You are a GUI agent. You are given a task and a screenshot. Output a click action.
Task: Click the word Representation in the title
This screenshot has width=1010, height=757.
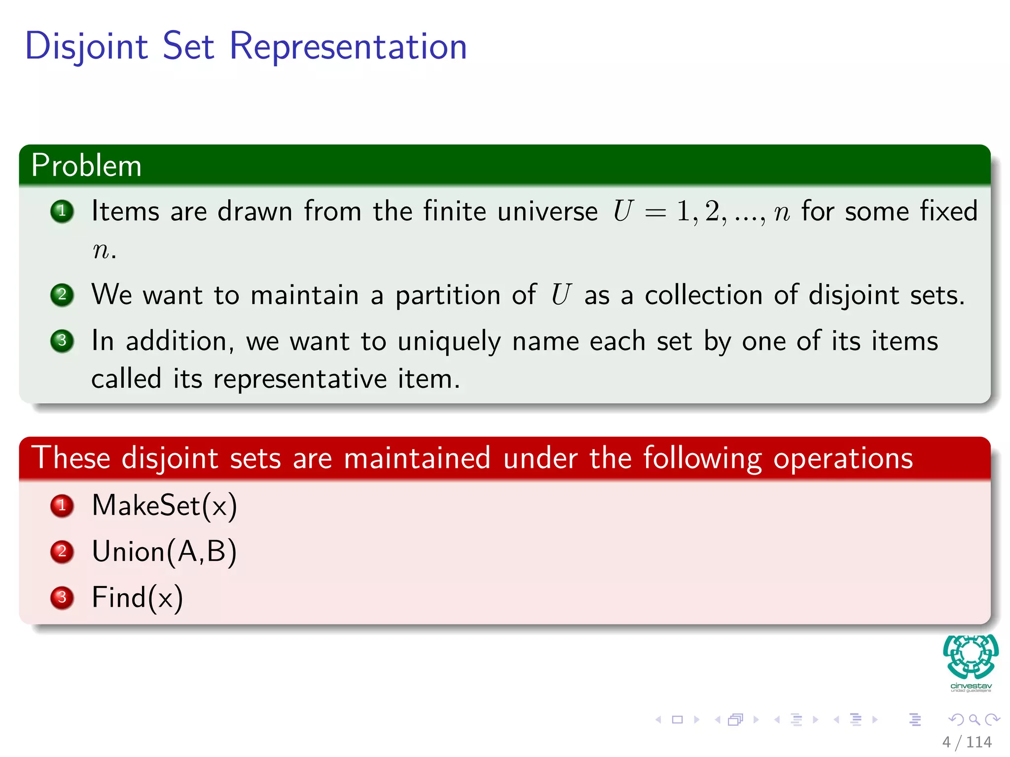pos(348,46)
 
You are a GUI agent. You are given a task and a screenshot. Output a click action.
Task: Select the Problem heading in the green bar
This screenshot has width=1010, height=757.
pos(86,165)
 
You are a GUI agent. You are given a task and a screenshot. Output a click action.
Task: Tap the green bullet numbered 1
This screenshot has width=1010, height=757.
pos(62,211)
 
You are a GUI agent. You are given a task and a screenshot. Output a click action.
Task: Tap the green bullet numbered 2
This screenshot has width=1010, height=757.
pos(62,295)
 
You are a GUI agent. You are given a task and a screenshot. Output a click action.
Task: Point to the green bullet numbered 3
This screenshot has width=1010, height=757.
pos(62,341)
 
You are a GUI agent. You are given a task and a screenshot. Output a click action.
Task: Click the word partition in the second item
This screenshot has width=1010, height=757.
pos(448,296)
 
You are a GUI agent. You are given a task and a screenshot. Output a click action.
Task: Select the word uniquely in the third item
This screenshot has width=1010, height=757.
pos(449,342)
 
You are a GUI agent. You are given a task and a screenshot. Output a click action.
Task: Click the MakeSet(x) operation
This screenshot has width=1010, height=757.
pos(164,506)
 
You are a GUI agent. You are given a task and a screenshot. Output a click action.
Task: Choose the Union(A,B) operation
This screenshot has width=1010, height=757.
pos(164,551)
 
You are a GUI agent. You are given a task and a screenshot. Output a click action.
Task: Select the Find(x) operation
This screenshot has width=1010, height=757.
pos(137,598)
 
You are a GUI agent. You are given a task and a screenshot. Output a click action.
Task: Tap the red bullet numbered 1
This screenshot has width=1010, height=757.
pos(62,506)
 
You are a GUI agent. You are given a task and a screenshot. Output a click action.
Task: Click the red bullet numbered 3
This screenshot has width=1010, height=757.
pos(62,597)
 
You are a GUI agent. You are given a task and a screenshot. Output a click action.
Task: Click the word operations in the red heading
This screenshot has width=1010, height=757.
pos(843,458)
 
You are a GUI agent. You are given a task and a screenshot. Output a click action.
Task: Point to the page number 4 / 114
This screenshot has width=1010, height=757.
pos(967,742)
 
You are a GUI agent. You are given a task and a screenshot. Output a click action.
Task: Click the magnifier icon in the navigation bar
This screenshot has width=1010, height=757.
pos(974,720)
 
